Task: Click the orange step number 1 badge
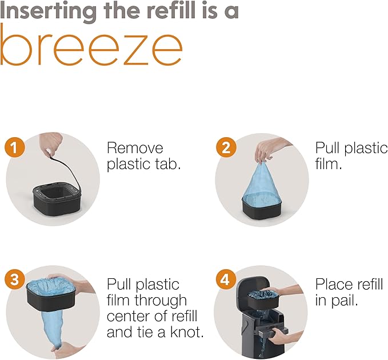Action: pos(15,147)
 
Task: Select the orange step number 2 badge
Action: pos(226,147)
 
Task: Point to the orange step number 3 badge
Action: pos(15,279)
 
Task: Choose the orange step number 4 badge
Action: pos(226,279)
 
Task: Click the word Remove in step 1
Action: pos(135,148)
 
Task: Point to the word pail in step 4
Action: pos(345,301)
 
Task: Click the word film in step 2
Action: pos(329,164)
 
